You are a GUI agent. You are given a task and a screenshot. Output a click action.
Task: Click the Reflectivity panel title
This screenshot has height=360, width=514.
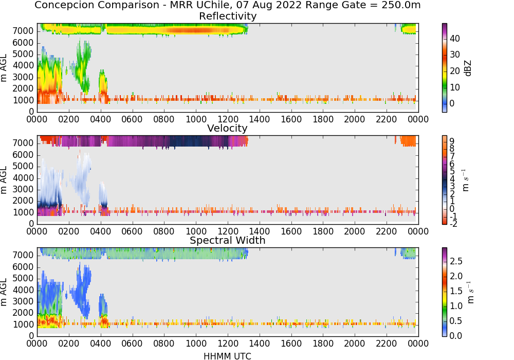click(228, 16)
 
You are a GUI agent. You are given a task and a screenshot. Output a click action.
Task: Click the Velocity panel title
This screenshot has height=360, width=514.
click(227, 128)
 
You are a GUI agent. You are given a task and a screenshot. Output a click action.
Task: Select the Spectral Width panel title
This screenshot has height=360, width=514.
click(228, 240)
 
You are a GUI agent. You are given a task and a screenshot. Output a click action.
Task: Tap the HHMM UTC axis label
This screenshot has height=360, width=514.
click(227, 356)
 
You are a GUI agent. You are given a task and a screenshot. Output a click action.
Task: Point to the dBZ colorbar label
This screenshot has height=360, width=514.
click(468, 68)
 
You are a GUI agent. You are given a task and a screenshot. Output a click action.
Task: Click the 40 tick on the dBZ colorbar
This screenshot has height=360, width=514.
click(455, 39)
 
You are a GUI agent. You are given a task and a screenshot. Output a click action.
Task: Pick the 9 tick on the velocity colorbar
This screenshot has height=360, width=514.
click(452, 141)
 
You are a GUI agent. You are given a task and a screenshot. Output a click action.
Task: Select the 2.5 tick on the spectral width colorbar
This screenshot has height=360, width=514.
click(456, 261)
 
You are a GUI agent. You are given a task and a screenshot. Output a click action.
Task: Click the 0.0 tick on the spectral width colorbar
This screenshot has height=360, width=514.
click(456, 335)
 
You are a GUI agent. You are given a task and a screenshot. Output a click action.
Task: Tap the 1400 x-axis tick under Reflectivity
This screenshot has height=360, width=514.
click(259, 119)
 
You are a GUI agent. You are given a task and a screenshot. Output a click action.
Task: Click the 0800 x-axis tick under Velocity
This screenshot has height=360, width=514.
click(164, 231)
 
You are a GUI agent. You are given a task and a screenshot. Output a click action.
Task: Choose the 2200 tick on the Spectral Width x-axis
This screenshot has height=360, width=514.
click(387, 343)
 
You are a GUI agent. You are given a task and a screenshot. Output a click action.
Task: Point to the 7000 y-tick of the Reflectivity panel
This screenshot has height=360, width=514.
click(23, 31)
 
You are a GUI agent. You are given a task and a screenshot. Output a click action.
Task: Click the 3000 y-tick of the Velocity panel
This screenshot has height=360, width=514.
click(23, 189)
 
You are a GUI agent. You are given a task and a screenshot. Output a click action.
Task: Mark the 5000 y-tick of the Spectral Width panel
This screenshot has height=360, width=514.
click(23, 278)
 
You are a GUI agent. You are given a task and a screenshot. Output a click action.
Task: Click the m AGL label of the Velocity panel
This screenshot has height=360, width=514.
click(4, 179)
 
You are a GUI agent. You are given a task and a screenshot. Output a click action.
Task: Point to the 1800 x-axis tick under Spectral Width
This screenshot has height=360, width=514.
click(323, 343)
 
